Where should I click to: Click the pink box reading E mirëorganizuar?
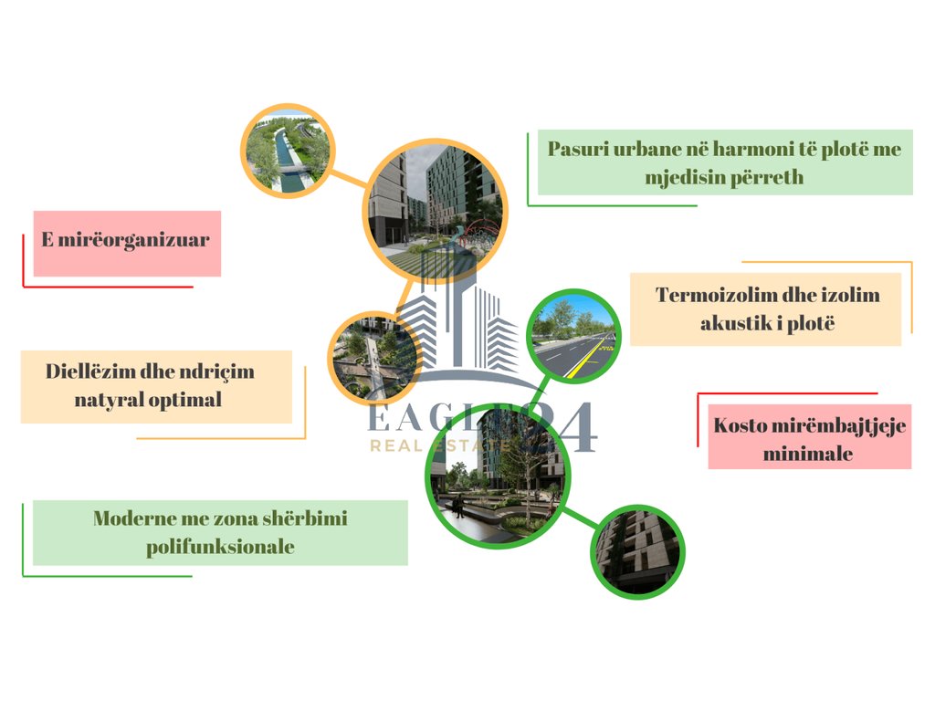127,243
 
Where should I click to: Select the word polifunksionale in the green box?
220,547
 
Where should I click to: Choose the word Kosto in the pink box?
742,426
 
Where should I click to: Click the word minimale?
809,454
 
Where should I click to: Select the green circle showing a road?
574,335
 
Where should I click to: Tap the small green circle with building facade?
636,551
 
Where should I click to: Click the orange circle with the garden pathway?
373,360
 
